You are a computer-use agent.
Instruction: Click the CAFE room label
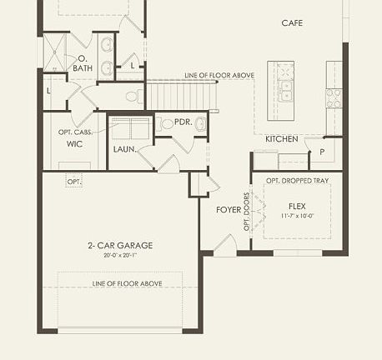(x=292, y=22)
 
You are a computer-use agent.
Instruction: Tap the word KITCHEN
(x=282, y=138)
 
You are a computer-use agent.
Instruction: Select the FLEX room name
(x=297, y=205)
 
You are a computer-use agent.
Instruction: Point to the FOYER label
(x=228, y=210)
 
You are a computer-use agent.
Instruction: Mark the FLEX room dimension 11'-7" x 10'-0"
(x=297, y=216)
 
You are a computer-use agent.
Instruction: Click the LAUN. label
(x=124, y=149)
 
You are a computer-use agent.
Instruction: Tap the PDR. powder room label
(x=183, y=122)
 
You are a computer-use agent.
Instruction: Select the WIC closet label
(x=73, y=143)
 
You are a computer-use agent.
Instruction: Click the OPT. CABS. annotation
(x=73, y=132)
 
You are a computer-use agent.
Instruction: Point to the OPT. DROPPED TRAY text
(x=297, y=180)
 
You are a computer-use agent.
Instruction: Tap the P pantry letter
(x=321, y=152)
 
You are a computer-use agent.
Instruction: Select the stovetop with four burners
(x=334, y=97)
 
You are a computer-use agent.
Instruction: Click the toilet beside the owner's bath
(x=133, y=97)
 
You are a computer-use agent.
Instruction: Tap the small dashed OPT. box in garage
(x=74, y=181)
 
